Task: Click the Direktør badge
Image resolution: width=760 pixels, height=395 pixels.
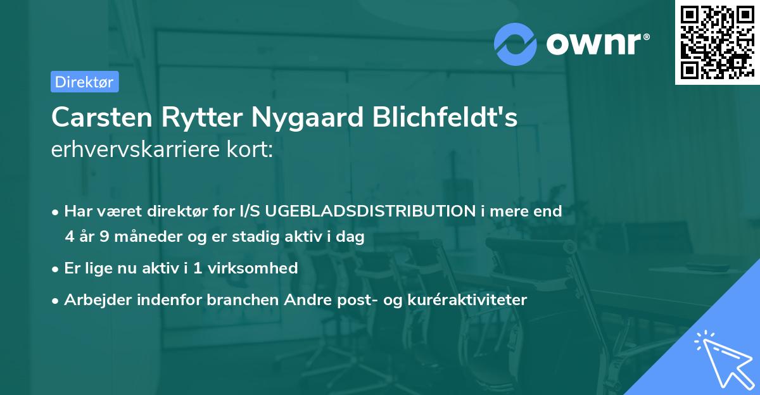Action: tap(84, 82)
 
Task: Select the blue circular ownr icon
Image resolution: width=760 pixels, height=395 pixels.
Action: tap(515, 44)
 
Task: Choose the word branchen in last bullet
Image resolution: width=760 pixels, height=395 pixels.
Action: tap(241, 300)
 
